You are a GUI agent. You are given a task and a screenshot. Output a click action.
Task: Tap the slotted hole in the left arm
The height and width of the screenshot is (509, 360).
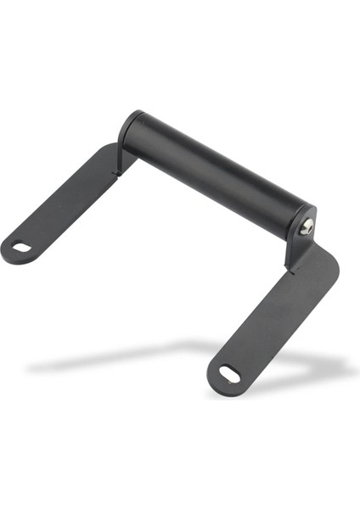[20, 248]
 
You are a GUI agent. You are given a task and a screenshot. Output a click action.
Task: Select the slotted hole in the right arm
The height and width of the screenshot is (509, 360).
[229, 373]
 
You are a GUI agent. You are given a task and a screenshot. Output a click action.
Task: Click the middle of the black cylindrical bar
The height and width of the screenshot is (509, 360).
[217, 174]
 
